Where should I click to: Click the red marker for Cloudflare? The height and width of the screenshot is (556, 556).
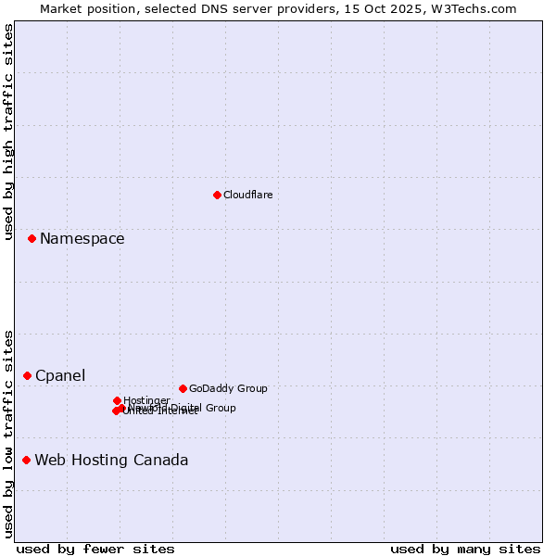coord(217,195)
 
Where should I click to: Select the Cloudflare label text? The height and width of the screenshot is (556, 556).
coord(247,195)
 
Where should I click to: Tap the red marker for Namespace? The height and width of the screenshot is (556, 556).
coord(32,238)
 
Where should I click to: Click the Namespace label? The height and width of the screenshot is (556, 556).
coord(82,239)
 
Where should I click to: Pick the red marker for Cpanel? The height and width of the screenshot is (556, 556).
coord(27,375)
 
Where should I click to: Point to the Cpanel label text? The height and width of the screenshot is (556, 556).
coord(60,376)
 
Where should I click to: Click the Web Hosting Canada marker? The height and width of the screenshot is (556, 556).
coord(26,460)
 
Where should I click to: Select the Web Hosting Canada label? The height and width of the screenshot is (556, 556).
coord(111,461)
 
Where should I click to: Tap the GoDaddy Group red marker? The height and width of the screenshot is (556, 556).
coord(183,388)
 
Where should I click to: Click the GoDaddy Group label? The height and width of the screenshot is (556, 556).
coord(228,388)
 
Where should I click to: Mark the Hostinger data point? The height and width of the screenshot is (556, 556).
coord(117,400)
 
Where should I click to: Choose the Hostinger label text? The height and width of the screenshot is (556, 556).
coord(146,400)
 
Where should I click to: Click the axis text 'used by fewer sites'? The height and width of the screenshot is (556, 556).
coord(95,549)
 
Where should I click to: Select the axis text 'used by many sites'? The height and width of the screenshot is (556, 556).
coord(465,549)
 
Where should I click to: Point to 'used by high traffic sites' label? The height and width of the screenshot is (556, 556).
coord(8,133)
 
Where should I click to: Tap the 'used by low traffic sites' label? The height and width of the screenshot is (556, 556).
coord(8,434)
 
